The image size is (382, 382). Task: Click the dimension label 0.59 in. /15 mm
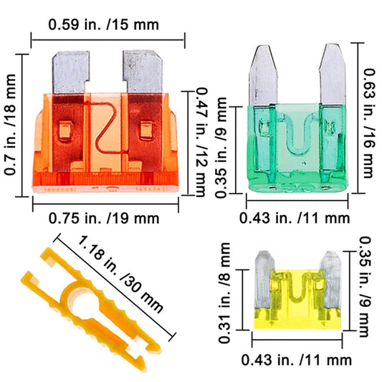click(103, 24)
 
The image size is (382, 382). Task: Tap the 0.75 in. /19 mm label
click(104, 218)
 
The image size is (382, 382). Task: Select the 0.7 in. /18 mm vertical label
click(11, 125)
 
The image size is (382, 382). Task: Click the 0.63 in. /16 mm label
click(368, 123)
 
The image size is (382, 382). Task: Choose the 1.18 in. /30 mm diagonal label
click(120, 274)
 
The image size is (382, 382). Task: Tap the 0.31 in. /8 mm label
click(224, 293)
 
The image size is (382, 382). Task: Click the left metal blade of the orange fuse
click(71, 72)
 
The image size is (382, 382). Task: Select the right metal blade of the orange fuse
click(143, 71)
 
